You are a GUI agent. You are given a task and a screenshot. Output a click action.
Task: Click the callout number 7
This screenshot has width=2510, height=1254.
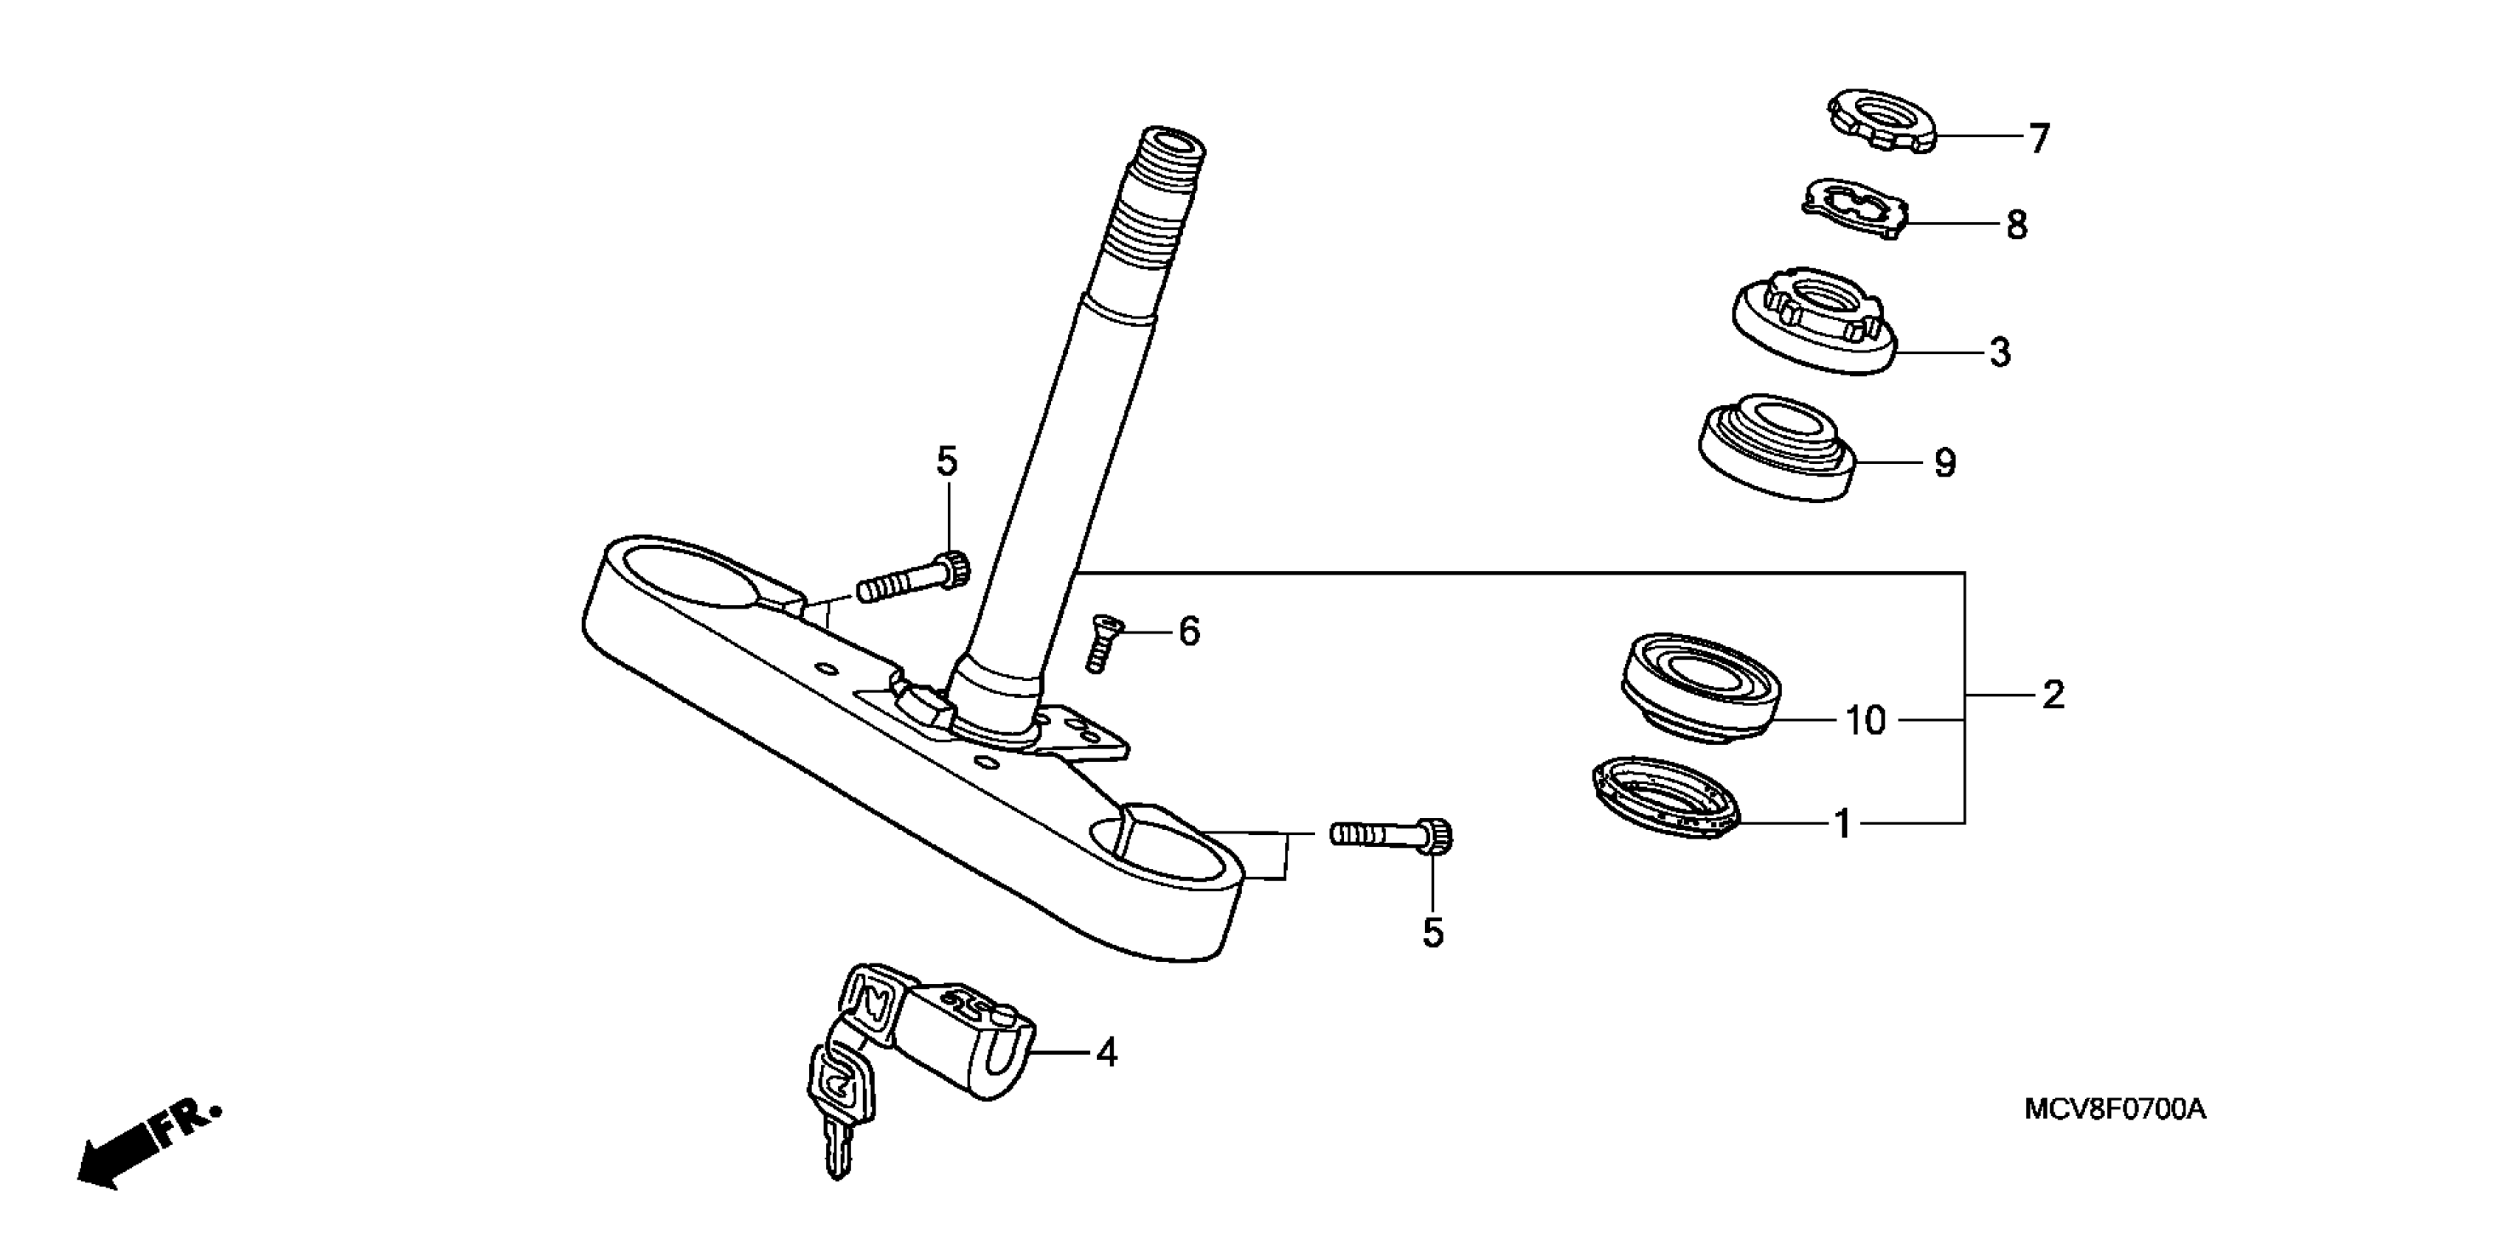pyautogui.click(x=2039, y=139)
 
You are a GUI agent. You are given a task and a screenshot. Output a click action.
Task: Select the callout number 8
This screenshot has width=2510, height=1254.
pyautogui.click(x=2016, y=225)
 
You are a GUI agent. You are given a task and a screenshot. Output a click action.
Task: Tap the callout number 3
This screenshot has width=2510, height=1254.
pyautogui.click(x=2000, y=352)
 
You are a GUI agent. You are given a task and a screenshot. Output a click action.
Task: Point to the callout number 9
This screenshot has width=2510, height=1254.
pyautogui.click(x=1945, y=463)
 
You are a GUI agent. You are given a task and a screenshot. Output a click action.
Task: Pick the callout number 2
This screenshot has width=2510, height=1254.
pyautogui.click(x=2052, y=695)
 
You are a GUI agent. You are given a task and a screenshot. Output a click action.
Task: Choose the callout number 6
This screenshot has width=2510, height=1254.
pyautogui.click(x=1189, y=631)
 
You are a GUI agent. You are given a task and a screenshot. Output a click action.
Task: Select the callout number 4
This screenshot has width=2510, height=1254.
pyautogui.click(x=1106, y=1053)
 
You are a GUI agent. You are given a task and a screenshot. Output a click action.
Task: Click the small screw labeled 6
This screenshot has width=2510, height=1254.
pyautogui.click(x=1102, y=643)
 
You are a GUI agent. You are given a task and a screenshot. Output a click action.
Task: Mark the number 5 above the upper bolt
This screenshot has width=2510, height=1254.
pyautogui.click(x=947, y=462)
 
